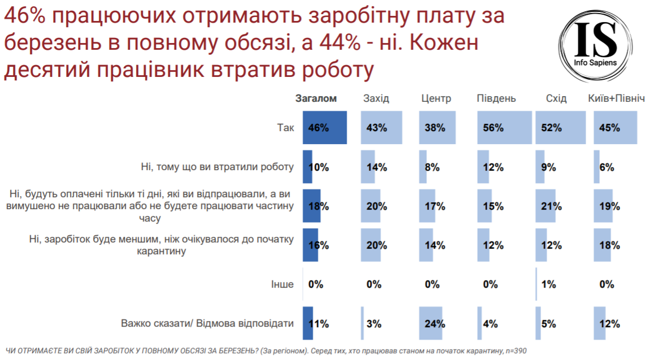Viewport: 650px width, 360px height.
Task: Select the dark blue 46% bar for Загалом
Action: (x=325, y=128)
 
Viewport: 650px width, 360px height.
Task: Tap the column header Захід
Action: (x=376, y=98)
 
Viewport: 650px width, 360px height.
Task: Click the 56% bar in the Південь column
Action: (x=504, y=128)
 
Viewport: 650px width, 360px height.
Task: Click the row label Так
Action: (x=285, y=128)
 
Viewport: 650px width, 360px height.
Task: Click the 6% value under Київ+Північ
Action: (x=607, y=167)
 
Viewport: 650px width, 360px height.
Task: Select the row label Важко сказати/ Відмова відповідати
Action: (x=207, y=324)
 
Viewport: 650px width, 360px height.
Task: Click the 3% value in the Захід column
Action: (x=374, y=324)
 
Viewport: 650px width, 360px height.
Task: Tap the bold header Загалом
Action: (x=316, y=98)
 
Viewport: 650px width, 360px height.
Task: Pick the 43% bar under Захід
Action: (x=382, y=128)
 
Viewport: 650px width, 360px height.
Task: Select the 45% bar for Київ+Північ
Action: (x=616, y=128)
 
